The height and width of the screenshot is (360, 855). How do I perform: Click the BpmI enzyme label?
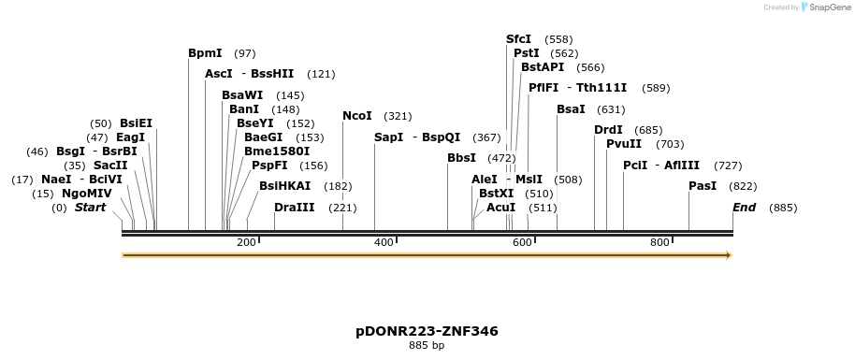click(205, 53)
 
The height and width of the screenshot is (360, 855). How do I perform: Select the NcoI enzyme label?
click(357, 116)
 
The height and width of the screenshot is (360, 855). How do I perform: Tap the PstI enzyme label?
click(527, 53)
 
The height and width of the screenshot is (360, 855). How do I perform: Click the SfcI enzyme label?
click(518, 39)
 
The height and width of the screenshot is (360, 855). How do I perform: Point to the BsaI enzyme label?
click(571, 109)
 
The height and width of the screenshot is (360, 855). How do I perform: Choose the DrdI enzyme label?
click(608, 130)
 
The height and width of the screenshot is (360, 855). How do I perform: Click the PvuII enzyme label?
click(624, 144)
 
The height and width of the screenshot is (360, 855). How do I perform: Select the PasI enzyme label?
click(703, 186)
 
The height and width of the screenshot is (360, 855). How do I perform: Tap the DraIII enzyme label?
click(295, 208)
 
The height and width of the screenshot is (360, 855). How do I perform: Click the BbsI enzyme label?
click(462, 158)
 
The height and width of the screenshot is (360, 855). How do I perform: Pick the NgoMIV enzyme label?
click(80, 194)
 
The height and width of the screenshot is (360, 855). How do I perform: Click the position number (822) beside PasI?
click(743, 186)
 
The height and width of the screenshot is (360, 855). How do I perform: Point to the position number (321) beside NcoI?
click(398, 116)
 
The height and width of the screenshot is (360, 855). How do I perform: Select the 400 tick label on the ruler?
click(384, 243)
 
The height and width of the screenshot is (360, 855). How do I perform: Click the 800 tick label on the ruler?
click(659, 243)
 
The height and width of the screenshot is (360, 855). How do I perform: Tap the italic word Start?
click(91, 208)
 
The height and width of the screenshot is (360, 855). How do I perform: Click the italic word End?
click(745, 208)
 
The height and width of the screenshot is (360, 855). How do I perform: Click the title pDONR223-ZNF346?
click(427, 331)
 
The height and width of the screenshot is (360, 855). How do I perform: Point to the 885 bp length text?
click(427, 346)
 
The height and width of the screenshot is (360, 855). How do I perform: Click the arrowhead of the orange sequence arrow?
click(728, 255)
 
